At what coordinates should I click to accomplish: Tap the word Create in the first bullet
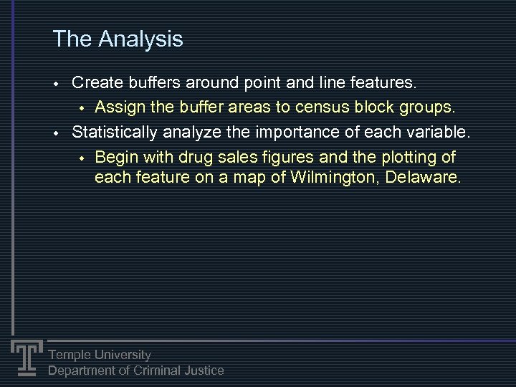(x=96, y=82)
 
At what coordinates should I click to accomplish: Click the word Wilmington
(x=335, y=176)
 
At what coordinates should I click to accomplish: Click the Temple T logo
(x=27, y=356)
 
